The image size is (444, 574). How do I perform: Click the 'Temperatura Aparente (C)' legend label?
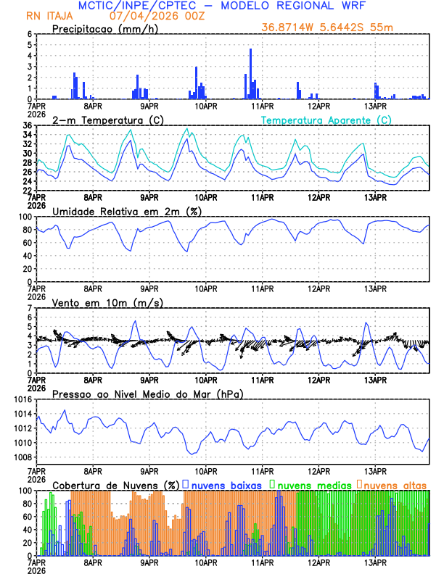326,120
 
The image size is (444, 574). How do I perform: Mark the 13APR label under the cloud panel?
375,562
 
